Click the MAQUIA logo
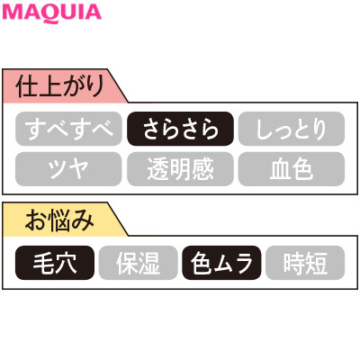tap(51, 13)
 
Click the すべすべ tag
tap(68, 129)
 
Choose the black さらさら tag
tap(180, 129)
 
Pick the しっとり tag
tap(292, 129)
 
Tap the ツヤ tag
tap(68, 169)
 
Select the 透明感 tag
tap(180, 169)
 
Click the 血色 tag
tap(292, 169)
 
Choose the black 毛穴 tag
tap(55, 263)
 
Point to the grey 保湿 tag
tap(139, 263)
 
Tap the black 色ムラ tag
tap(221, 263)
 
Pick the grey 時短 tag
tap(305, 263)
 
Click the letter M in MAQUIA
tap(13, 13)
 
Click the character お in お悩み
tap(34, 220)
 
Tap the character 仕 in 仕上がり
tap(27, 86)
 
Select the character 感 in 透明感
tap(203, 169)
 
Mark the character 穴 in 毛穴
tap(66, 263)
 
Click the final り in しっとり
tap(319, 130)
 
